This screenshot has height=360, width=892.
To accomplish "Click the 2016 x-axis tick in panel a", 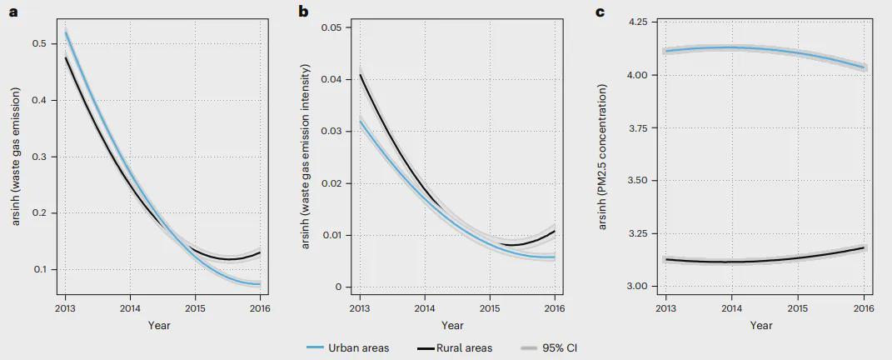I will click(x=260, y=307).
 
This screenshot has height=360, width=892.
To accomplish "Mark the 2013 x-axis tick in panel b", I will click(x=360, y=307).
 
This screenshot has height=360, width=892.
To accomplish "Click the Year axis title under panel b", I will click(x=452, y=325).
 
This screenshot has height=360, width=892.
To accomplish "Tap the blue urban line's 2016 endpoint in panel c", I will click(x=864, y=67).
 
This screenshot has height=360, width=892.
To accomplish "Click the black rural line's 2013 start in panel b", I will click(x=361, y=75).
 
